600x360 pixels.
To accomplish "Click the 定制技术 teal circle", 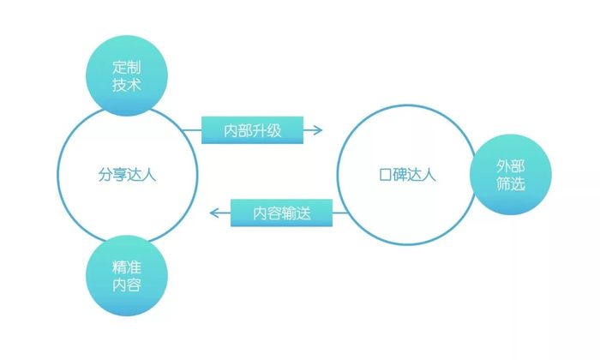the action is click(x=127, y=75).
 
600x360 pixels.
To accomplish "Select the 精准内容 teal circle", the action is click(x=127, y=275).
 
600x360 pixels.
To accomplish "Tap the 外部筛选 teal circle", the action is click(x=511, y=175).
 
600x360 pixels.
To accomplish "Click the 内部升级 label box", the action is click(x=253, y=130).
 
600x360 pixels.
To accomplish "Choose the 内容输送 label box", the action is click(x=282, y=213).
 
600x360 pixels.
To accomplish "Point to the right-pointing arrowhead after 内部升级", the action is click(x=318, y=130).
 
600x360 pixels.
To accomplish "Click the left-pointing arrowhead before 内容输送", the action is click(x=214, y=213).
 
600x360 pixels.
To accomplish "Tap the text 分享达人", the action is click(x=127, y=175).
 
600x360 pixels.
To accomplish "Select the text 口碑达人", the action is click(x=407, y=175).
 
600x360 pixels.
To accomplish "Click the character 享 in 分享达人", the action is click(x=120, y=175).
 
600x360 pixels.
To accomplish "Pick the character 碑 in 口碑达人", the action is click(x=400, y=175).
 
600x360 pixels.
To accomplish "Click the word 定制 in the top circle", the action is click(x=127, y=68).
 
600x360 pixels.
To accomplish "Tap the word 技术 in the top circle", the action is click(x=127, y=85).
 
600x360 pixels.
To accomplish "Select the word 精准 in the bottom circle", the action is click(x=127, y=267).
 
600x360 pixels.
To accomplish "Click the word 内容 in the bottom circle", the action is click(x=127, y=285).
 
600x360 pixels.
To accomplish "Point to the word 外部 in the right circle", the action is click(x=511, y=166).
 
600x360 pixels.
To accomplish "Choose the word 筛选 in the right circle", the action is click(x=511, y=183).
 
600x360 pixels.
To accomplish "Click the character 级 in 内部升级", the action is click(x=274, y=131).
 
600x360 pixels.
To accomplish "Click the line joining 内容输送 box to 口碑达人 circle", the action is click(x=340, y=213).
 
